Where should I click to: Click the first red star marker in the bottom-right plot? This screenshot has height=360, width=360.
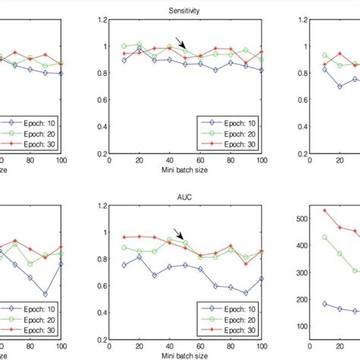click(x=303, y=211)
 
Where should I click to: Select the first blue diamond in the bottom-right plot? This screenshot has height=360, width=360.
click(x=303, y=304)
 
